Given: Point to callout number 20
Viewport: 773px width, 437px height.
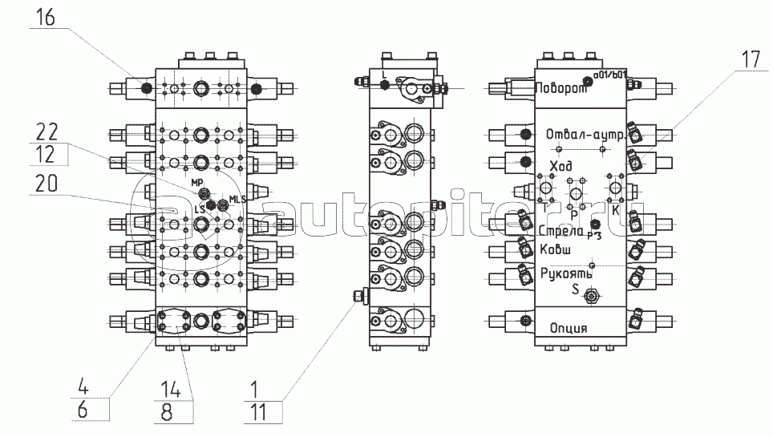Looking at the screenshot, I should pos(46,184).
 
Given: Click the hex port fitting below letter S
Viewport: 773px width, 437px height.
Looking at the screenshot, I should pos(591,297).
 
